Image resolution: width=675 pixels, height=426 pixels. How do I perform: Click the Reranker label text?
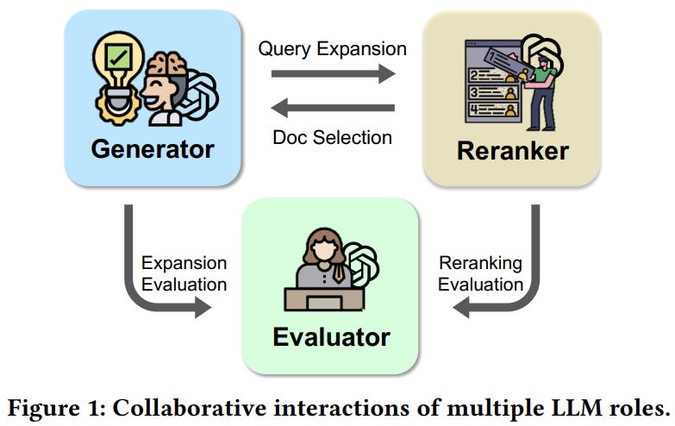(x=512, y=151)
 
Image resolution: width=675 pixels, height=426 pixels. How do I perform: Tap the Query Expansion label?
(x=332, y=48)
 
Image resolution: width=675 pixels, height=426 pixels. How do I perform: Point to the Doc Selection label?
(x=332, y=137)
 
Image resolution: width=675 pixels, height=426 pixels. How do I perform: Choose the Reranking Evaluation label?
(x=480, y=273)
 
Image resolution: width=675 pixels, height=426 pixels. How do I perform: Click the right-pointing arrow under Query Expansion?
(x=333, y=75)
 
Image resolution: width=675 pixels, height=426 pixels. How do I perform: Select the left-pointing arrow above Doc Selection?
(x=333, y=109)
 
